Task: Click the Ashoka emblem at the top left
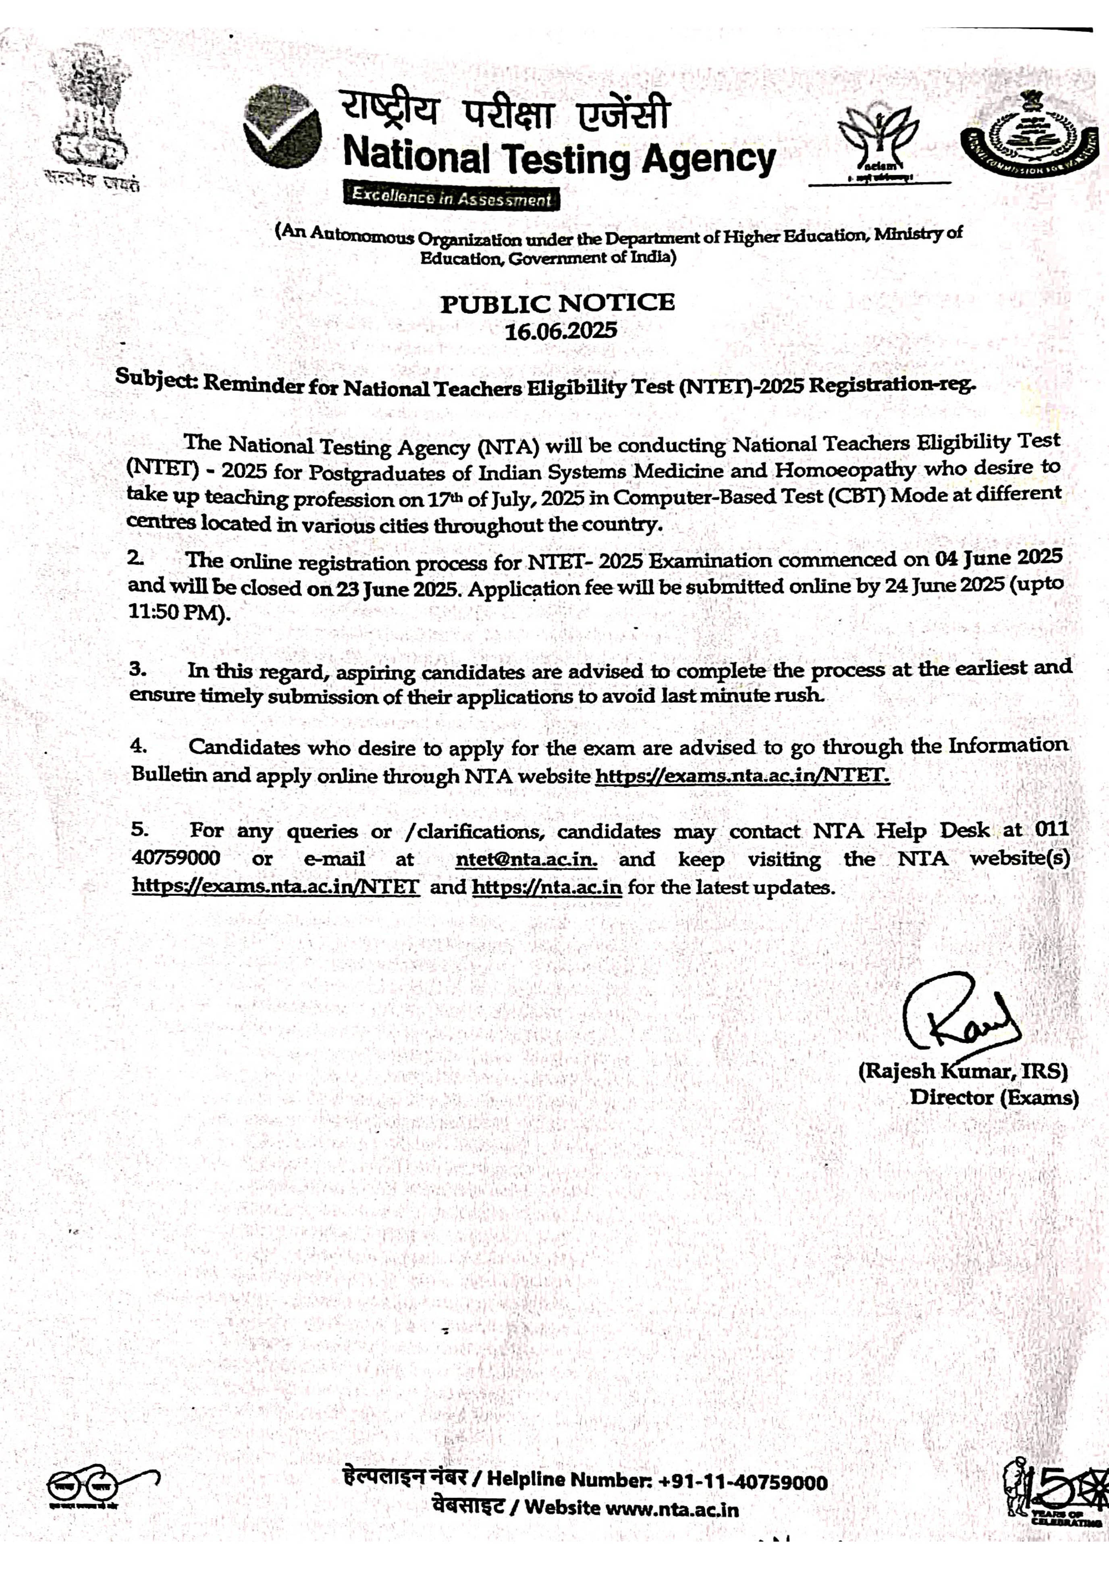[x=91, y=116]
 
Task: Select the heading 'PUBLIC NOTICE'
[x=557, y=303]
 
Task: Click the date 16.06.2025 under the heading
[x=560, y=331]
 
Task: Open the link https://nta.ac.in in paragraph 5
[x=547, y=887]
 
